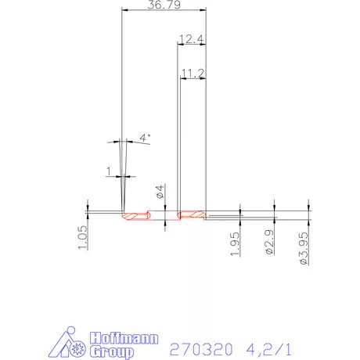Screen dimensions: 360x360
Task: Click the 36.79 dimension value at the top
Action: [164, 5]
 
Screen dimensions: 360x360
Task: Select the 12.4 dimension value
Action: [191, 38]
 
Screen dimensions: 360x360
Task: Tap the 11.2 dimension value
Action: [193, 73]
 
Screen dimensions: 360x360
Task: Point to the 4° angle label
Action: [144, 138]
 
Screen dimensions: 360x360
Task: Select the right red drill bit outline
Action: [192, 214]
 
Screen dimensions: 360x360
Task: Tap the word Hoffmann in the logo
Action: [125, 338]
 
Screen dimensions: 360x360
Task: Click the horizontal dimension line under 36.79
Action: [164, 10]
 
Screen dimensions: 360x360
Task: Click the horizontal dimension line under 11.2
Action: [193, 79]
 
